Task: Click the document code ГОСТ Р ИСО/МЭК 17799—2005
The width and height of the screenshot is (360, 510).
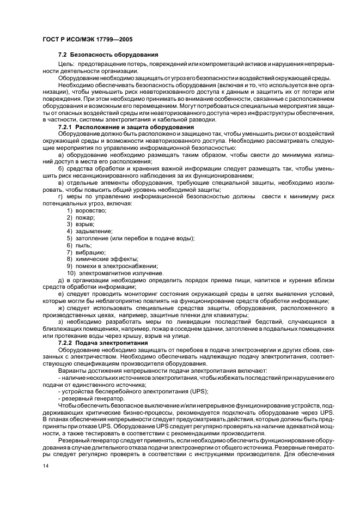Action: click(x=87, y=40)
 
